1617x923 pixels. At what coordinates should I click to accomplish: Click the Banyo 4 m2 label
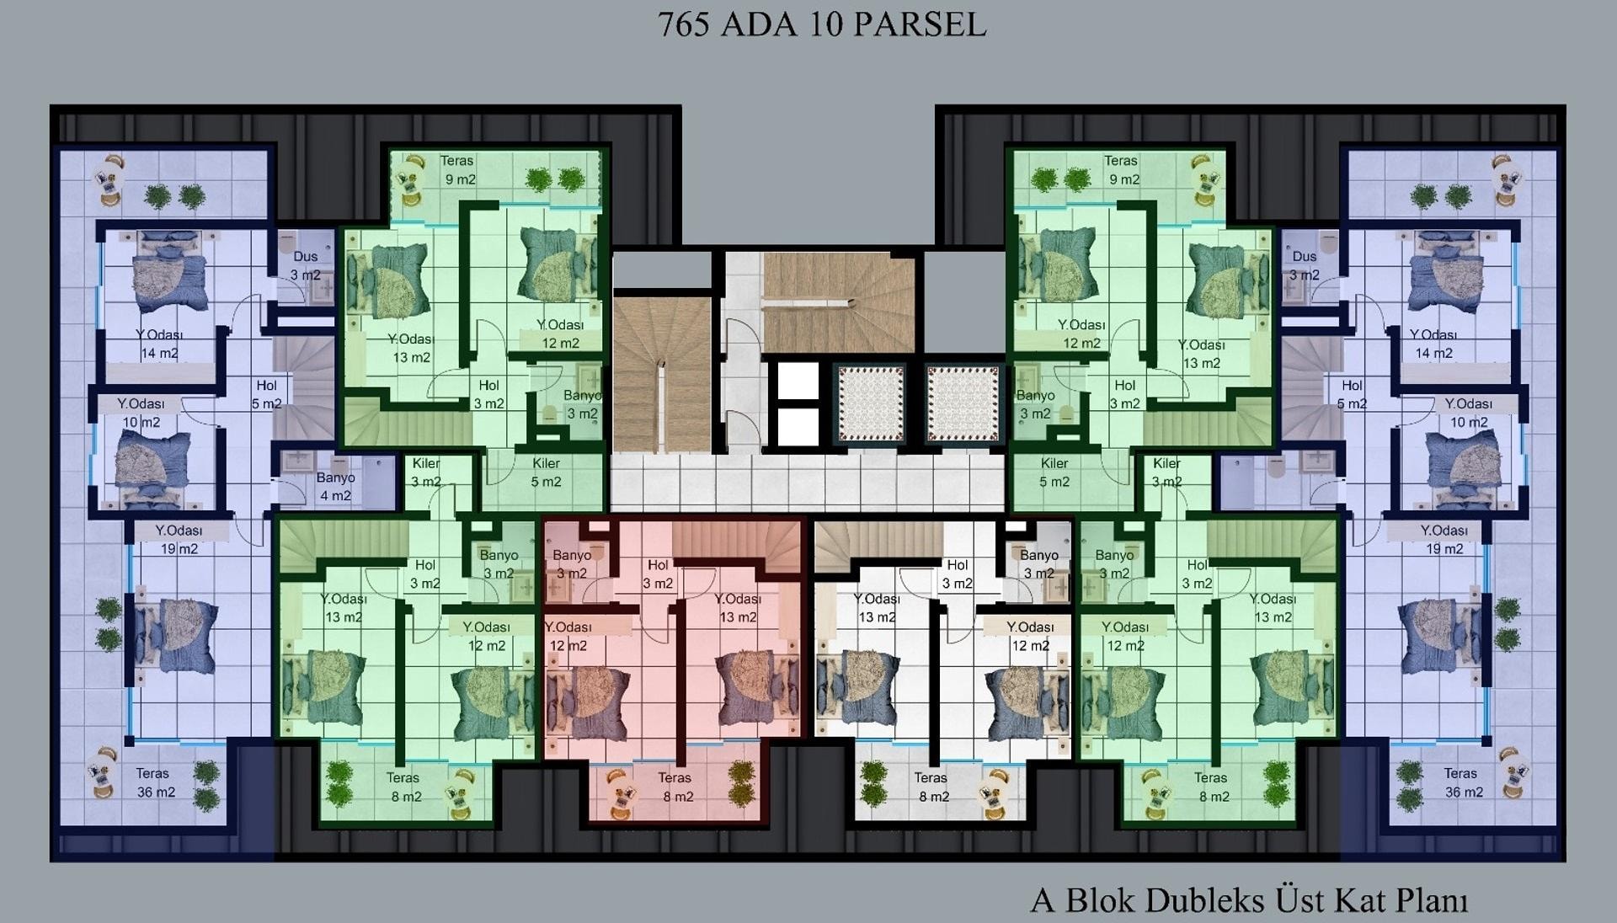(x=335, y=487)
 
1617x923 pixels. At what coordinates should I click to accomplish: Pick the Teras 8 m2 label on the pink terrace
(x=676, y=787)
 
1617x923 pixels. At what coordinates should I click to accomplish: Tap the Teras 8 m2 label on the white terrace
(x=931, y=787)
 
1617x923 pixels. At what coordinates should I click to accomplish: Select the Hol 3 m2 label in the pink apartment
(x=658, y=574)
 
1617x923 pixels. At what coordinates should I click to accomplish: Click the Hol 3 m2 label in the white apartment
(x=958, y=574)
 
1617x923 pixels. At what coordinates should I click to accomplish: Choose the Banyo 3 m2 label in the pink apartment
(x=572, y=564)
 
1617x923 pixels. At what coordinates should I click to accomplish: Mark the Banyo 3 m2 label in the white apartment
(x=1038, y=564)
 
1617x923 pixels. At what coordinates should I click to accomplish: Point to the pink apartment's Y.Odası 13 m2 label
(x=738, y=608)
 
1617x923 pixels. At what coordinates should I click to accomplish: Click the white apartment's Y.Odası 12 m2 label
(x=1031, y=637)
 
